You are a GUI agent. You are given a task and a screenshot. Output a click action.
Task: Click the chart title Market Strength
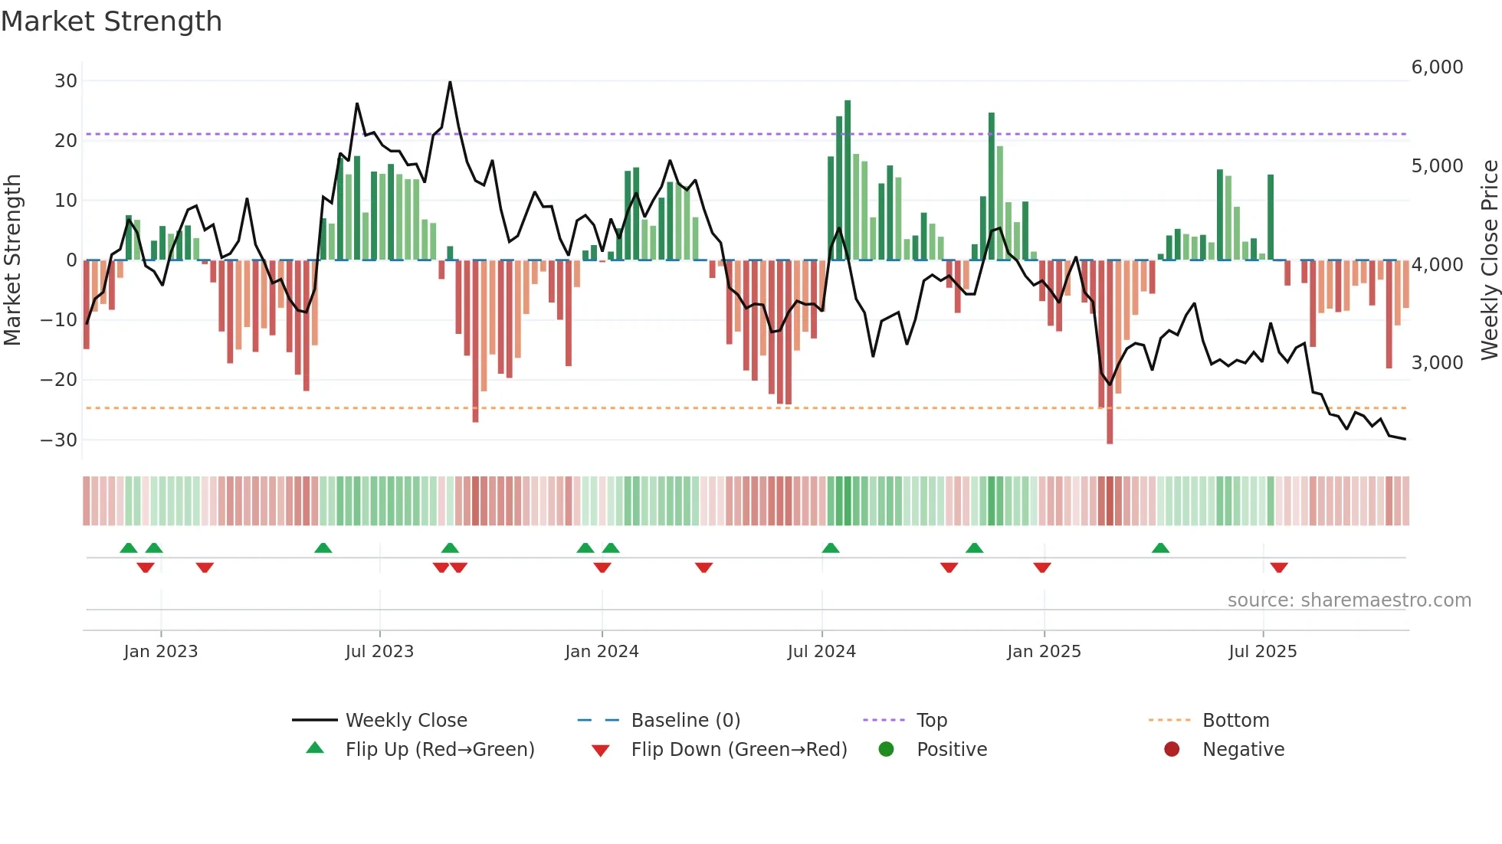[x=111, y=21]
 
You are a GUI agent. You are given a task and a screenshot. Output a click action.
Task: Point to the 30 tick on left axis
[x=66, y=81]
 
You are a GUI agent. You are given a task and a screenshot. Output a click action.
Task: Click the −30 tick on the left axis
[x=59, y=440]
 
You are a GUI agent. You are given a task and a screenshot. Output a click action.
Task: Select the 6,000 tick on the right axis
[x=1437, y=67]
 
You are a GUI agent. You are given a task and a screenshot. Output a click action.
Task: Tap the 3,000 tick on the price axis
[x=1437, y=363]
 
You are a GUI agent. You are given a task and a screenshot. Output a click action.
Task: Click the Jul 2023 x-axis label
[x=379, y=652]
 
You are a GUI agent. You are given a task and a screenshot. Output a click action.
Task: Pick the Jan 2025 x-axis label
[x=1044, y=652]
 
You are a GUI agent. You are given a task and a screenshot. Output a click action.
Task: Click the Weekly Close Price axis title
[x=1489, y=260]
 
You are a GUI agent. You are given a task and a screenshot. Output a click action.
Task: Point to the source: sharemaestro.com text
[x=1349, y=600]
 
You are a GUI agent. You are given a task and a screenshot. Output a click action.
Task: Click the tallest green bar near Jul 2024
[x=848, y=180]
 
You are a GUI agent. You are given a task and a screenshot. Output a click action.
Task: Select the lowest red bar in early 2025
[x=1110, y=352]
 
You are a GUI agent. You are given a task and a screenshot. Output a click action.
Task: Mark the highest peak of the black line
[x=450, y=83]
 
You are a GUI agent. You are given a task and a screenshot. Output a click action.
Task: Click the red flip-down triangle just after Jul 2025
[x=1279, y=568]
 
